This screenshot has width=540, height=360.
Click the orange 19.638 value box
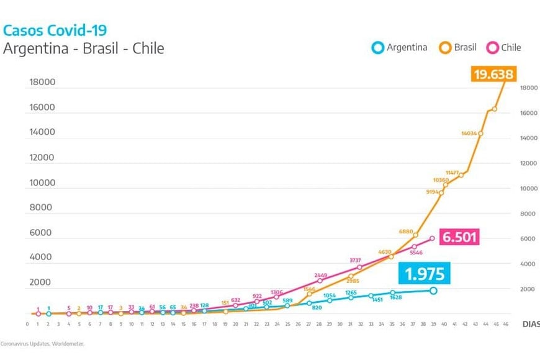(x=493, y=75)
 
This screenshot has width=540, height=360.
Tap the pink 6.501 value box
(x=460, y=238)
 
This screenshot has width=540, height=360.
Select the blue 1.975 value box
(x=425, y=274)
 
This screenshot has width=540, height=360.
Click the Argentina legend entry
(x=400, y=47)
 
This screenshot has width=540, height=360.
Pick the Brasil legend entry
(x=459, y=47)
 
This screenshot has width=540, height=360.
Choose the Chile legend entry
(x=504, y=47)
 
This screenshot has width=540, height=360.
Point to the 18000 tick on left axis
(x=42, y=82)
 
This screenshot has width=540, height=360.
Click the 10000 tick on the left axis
(x=42, y=183)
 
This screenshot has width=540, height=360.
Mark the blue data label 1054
(x=329, y=295)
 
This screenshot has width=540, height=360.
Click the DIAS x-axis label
(x=530, y=324)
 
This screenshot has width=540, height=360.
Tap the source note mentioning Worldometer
(x=42, y=343)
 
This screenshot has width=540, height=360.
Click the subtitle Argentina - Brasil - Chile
(x=83, y=48)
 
